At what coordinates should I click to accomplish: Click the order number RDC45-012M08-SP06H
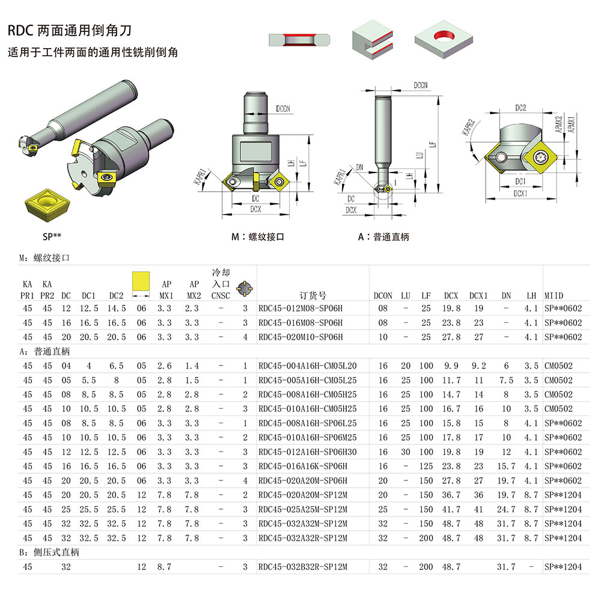tap(300, 308)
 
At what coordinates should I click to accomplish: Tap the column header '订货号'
tap(313, 295)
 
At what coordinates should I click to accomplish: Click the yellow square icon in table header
tap(141, 281)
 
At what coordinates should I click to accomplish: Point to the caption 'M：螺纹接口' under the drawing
tap(258, 237)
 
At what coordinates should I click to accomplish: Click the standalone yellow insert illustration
tap(46, 204)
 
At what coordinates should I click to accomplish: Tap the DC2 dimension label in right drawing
tap(520, 108)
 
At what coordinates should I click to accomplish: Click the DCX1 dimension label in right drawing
tap(520, 194)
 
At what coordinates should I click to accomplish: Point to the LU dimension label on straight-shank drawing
tap(419, 155)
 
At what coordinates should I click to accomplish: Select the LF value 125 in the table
tap(426, 466)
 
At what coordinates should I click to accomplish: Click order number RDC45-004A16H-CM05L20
tap(307, 366)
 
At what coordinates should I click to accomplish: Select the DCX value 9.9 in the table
tap(451, 366)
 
